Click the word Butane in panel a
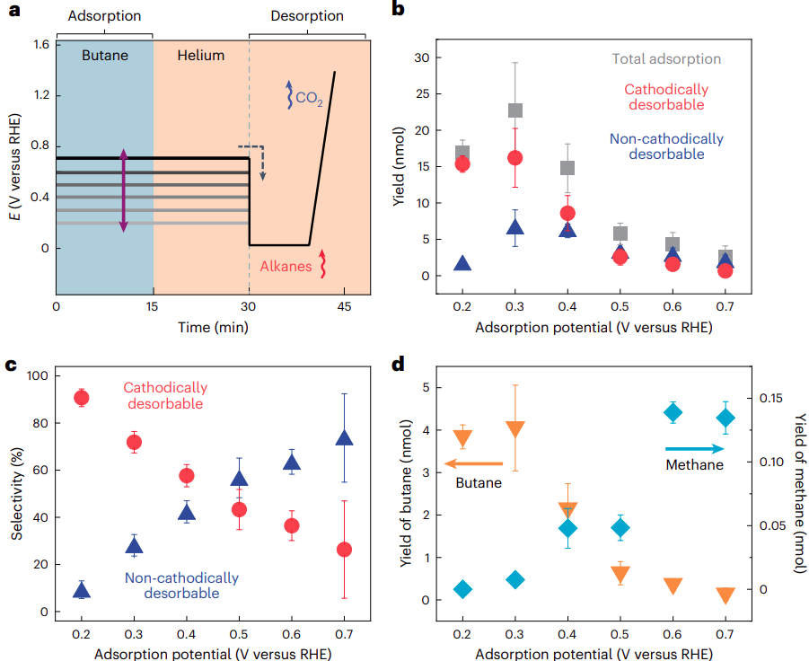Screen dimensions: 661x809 (105, 55)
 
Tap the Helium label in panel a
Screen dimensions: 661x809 (200, 55)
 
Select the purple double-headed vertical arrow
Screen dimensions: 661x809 (124, 191)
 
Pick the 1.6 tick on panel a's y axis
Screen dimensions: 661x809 (39, 44)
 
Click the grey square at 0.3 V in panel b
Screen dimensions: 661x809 (515, 110)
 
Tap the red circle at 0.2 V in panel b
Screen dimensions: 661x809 (462, 163)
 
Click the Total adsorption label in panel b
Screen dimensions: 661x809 (666, 59)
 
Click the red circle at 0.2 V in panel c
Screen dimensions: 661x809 (82, 398)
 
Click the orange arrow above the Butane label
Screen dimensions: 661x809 (474, 464)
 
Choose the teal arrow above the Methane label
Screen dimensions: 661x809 (695, 448)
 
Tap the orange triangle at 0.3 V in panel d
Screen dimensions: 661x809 (515, 428)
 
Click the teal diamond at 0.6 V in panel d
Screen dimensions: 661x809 (673, 412)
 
